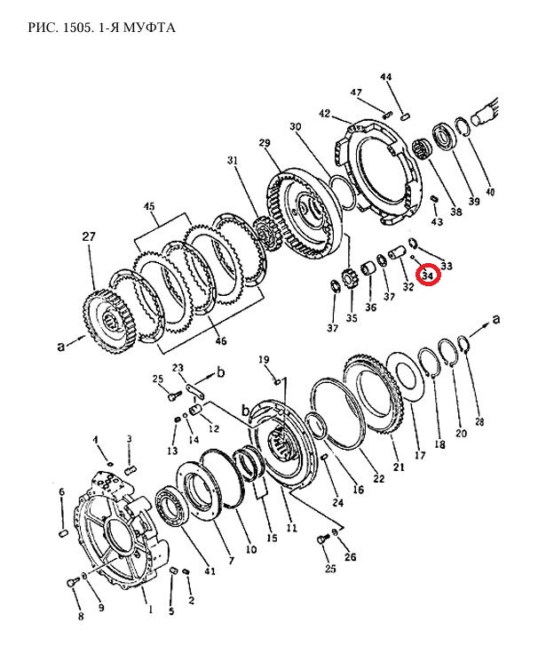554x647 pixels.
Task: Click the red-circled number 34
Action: [429, 275]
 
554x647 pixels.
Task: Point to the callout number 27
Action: [89, 236]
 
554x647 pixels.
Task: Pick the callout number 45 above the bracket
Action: [149, 205]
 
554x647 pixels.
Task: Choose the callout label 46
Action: [221, 341]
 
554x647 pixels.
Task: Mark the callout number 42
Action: [325, 113]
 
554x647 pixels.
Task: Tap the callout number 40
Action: [490, 191]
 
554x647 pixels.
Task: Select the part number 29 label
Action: [265, 143]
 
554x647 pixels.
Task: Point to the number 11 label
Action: [291, 528]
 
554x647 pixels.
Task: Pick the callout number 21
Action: [399, 467]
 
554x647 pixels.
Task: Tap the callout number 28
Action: [479, 421]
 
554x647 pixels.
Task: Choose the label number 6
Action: [62, 491]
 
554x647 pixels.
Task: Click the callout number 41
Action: [210, 571]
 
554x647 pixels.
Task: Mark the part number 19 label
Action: [264, 359]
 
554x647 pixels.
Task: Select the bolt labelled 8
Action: [73, 583]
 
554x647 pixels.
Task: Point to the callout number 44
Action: [386, 76]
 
